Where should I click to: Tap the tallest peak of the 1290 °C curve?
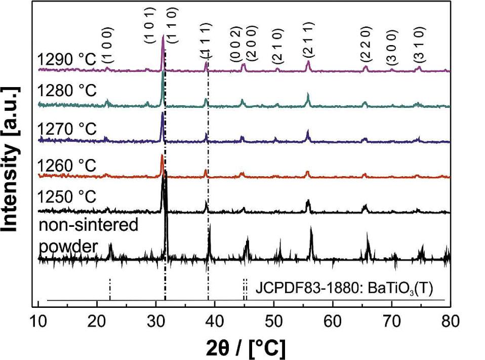(163, 36)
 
